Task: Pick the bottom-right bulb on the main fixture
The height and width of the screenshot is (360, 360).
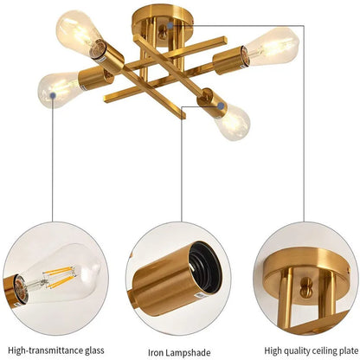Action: pyautogui.click(x=231, y=121)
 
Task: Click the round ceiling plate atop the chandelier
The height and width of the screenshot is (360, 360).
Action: pyautogui.click(x=168, y=19)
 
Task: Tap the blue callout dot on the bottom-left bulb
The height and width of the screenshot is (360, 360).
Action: pyautogui.click(x=53, y=86)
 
